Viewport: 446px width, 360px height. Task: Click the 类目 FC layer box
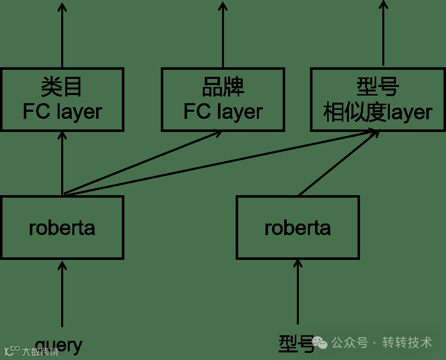[x=62, y=99]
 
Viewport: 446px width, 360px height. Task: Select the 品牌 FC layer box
[x=222, y=99]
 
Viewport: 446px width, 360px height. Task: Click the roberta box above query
[x=62, y=228]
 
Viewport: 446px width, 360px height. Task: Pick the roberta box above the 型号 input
[x=298, y=228]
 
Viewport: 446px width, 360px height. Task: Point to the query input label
[x=59, y=345]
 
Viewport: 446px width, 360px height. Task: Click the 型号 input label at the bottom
[x=296, y=343]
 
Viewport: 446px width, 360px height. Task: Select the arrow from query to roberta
[x=62, y=293]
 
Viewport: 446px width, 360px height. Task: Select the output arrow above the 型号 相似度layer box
[x=383, y=33]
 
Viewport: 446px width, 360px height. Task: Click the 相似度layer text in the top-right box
[x=378, y=112]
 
